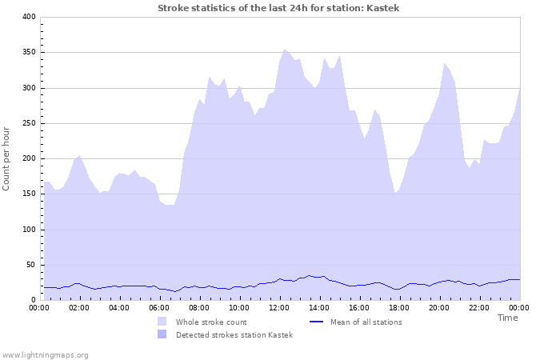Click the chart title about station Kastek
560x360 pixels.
(278, 8)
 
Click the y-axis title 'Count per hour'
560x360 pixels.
(7, 158)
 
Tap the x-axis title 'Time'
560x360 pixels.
(507, 318)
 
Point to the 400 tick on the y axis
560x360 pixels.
(29, 17)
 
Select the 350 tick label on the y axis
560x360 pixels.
(29, 52)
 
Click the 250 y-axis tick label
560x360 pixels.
(29, 123)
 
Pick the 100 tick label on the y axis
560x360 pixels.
(29, 230)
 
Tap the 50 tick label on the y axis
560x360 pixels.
(31, 265)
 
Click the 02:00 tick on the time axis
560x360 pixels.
(79, 307)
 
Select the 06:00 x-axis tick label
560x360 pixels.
(159, 307)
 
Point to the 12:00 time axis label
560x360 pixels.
(279, 307)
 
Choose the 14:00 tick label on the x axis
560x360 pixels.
(319, 307)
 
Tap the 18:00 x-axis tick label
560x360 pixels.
(399, 307)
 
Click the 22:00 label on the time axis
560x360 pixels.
(479, 307)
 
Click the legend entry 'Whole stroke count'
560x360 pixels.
(211, 322)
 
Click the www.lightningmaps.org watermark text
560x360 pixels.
(45, 354)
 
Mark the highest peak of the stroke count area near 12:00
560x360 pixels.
(284, 50)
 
